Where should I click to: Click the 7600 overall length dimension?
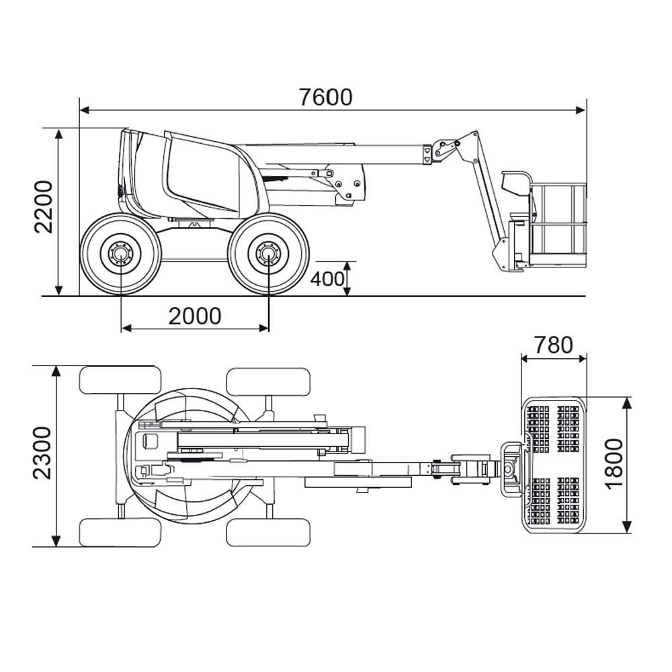(326, 97)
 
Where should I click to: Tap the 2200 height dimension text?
(44, 206)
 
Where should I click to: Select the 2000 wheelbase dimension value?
(194, 316)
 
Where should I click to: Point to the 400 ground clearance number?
(327, 278)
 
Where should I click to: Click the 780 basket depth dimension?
(554, 345)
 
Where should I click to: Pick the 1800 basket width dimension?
(614, 464)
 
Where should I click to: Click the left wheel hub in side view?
(121, 255)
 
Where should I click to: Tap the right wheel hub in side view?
(268, 255)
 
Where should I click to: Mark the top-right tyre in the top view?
(268, 381)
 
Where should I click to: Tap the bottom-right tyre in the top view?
(268, 532)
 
